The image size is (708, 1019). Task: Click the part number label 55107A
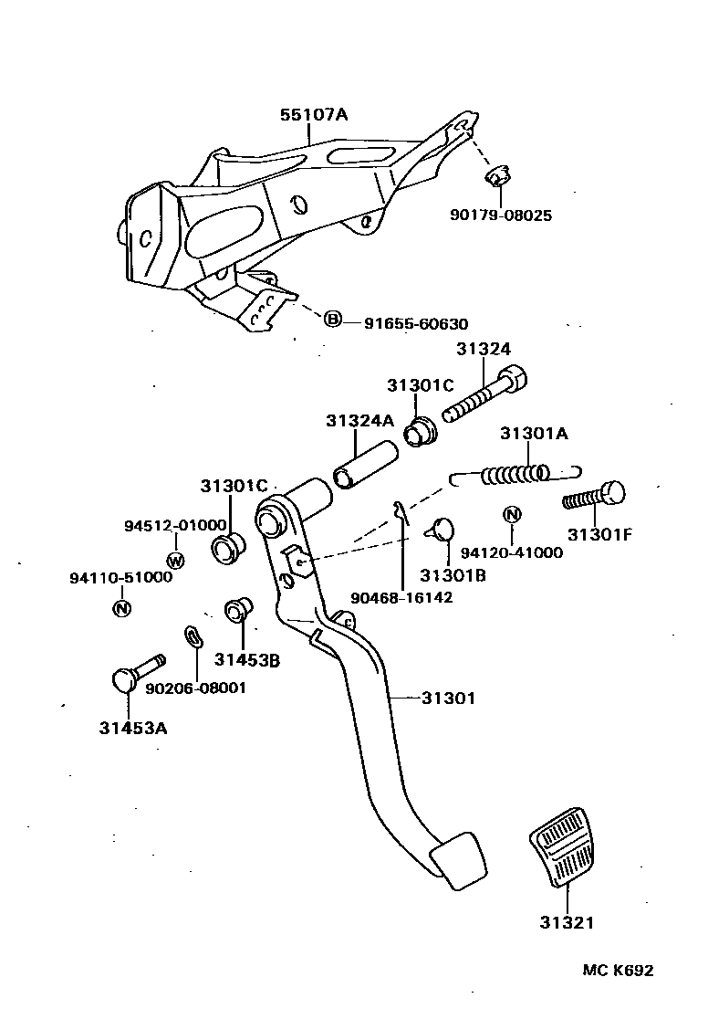point(313,115)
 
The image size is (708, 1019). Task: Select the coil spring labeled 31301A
point(515,475)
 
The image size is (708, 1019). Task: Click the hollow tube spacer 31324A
point(365,464)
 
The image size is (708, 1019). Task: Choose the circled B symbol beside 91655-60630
point(333,319)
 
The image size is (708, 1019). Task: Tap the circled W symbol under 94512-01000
point(175,559)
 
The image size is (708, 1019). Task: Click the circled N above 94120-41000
point(512,515)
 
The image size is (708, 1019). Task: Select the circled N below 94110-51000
point(120,608)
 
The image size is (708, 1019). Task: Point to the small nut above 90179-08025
point(497,174)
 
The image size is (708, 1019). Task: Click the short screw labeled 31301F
point(594,497)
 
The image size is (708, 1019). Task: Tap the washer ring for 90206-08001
point(193,636)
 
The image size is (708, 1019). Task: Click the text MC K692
point(618,971)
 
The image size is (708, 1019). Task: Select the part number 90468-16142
point(401,597)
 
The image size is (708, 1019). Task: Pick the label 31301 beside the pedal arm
point(448,699)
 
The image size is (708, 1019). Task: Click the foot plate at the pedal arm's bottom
point(458,859)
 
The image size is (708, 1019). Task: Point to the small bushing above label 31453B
point(239,609)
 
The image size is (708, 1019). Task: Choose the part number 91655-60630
point(415,324)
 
